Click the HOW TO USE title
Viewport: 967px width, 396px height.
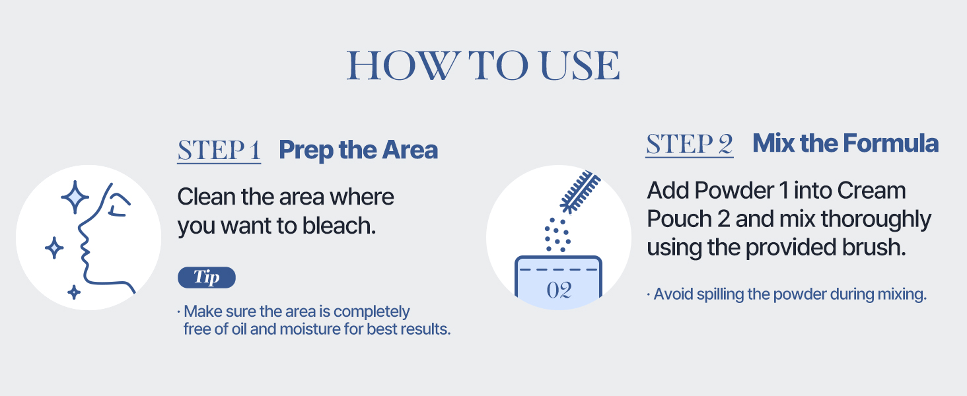[484, 66]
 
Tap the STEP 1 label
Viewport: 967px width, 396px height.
[219, 150]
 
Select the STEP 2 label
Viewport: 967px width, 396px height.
[690, 144]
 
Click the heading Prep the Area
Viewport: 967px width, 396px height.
[358, 150]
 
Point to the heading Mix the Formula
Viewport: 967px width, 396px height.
[845, 144]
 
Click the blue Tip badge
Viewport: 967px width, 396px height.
[206, 277]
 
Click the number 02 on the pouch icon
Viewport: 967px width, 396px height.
[559, 290]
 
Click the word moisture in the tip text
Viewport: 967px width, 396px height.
[308, 329]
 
